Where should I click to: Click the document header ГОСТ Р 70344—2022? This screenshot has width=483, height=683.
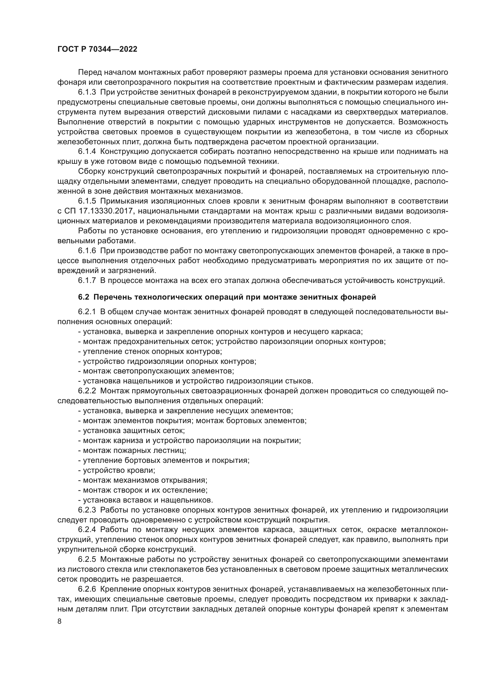pos(97,49)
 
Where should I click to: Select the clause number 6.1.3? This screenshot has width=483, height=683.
pos(87,92)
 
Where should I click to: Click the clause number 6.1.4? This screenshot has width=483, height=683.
pos(87,152)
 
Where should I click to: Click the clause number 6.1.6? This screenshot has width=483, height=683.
pos(87,251)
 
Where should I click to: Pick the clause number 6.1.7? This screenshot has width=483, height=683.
pos(87,281)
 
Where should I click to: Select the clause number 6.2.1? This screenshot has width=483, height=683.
pos(87,312)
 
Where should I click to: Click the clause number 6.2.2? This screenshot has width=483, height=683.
pos(87,391)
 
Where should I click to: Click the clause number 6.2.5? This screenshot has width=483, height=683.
pos(87,559)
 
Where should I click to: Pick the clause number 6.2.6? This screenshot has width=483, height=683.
pos(87,589)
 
